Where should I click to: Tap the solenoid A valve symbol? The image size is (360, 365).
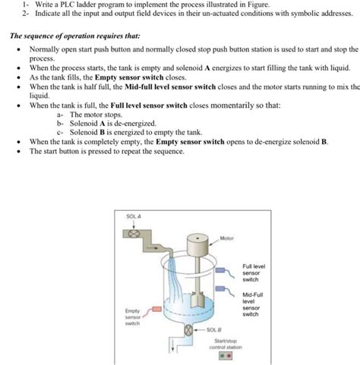135,234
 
